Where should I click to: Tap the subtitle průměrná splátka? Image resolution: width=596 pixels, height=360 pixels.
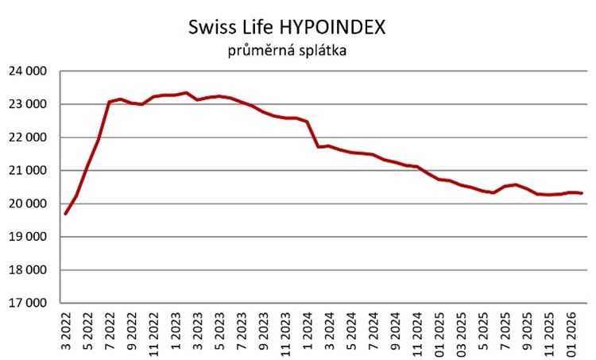pos(286,52)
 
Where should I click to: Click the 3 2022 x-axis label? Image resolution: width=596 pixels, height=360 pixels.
pos(66,330)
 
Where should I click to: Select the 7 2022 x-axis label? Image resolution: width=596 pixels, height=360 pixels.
pos(110,330)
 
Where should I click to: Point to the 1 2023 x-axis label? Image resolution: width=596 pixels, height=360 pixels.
pos(175,330)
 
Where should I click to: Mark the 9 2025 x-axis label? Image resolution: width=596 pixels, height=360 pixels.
pos(525,330)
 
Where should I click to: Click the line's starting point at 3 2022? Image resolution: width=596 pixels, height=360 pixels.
pos(66,214)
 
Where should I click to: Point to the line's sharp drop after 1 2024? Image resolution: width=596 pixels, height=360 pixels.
pos(312,134)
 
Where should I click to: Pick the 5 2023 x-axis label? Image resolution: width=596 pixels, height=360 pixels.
pos(219,330)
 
